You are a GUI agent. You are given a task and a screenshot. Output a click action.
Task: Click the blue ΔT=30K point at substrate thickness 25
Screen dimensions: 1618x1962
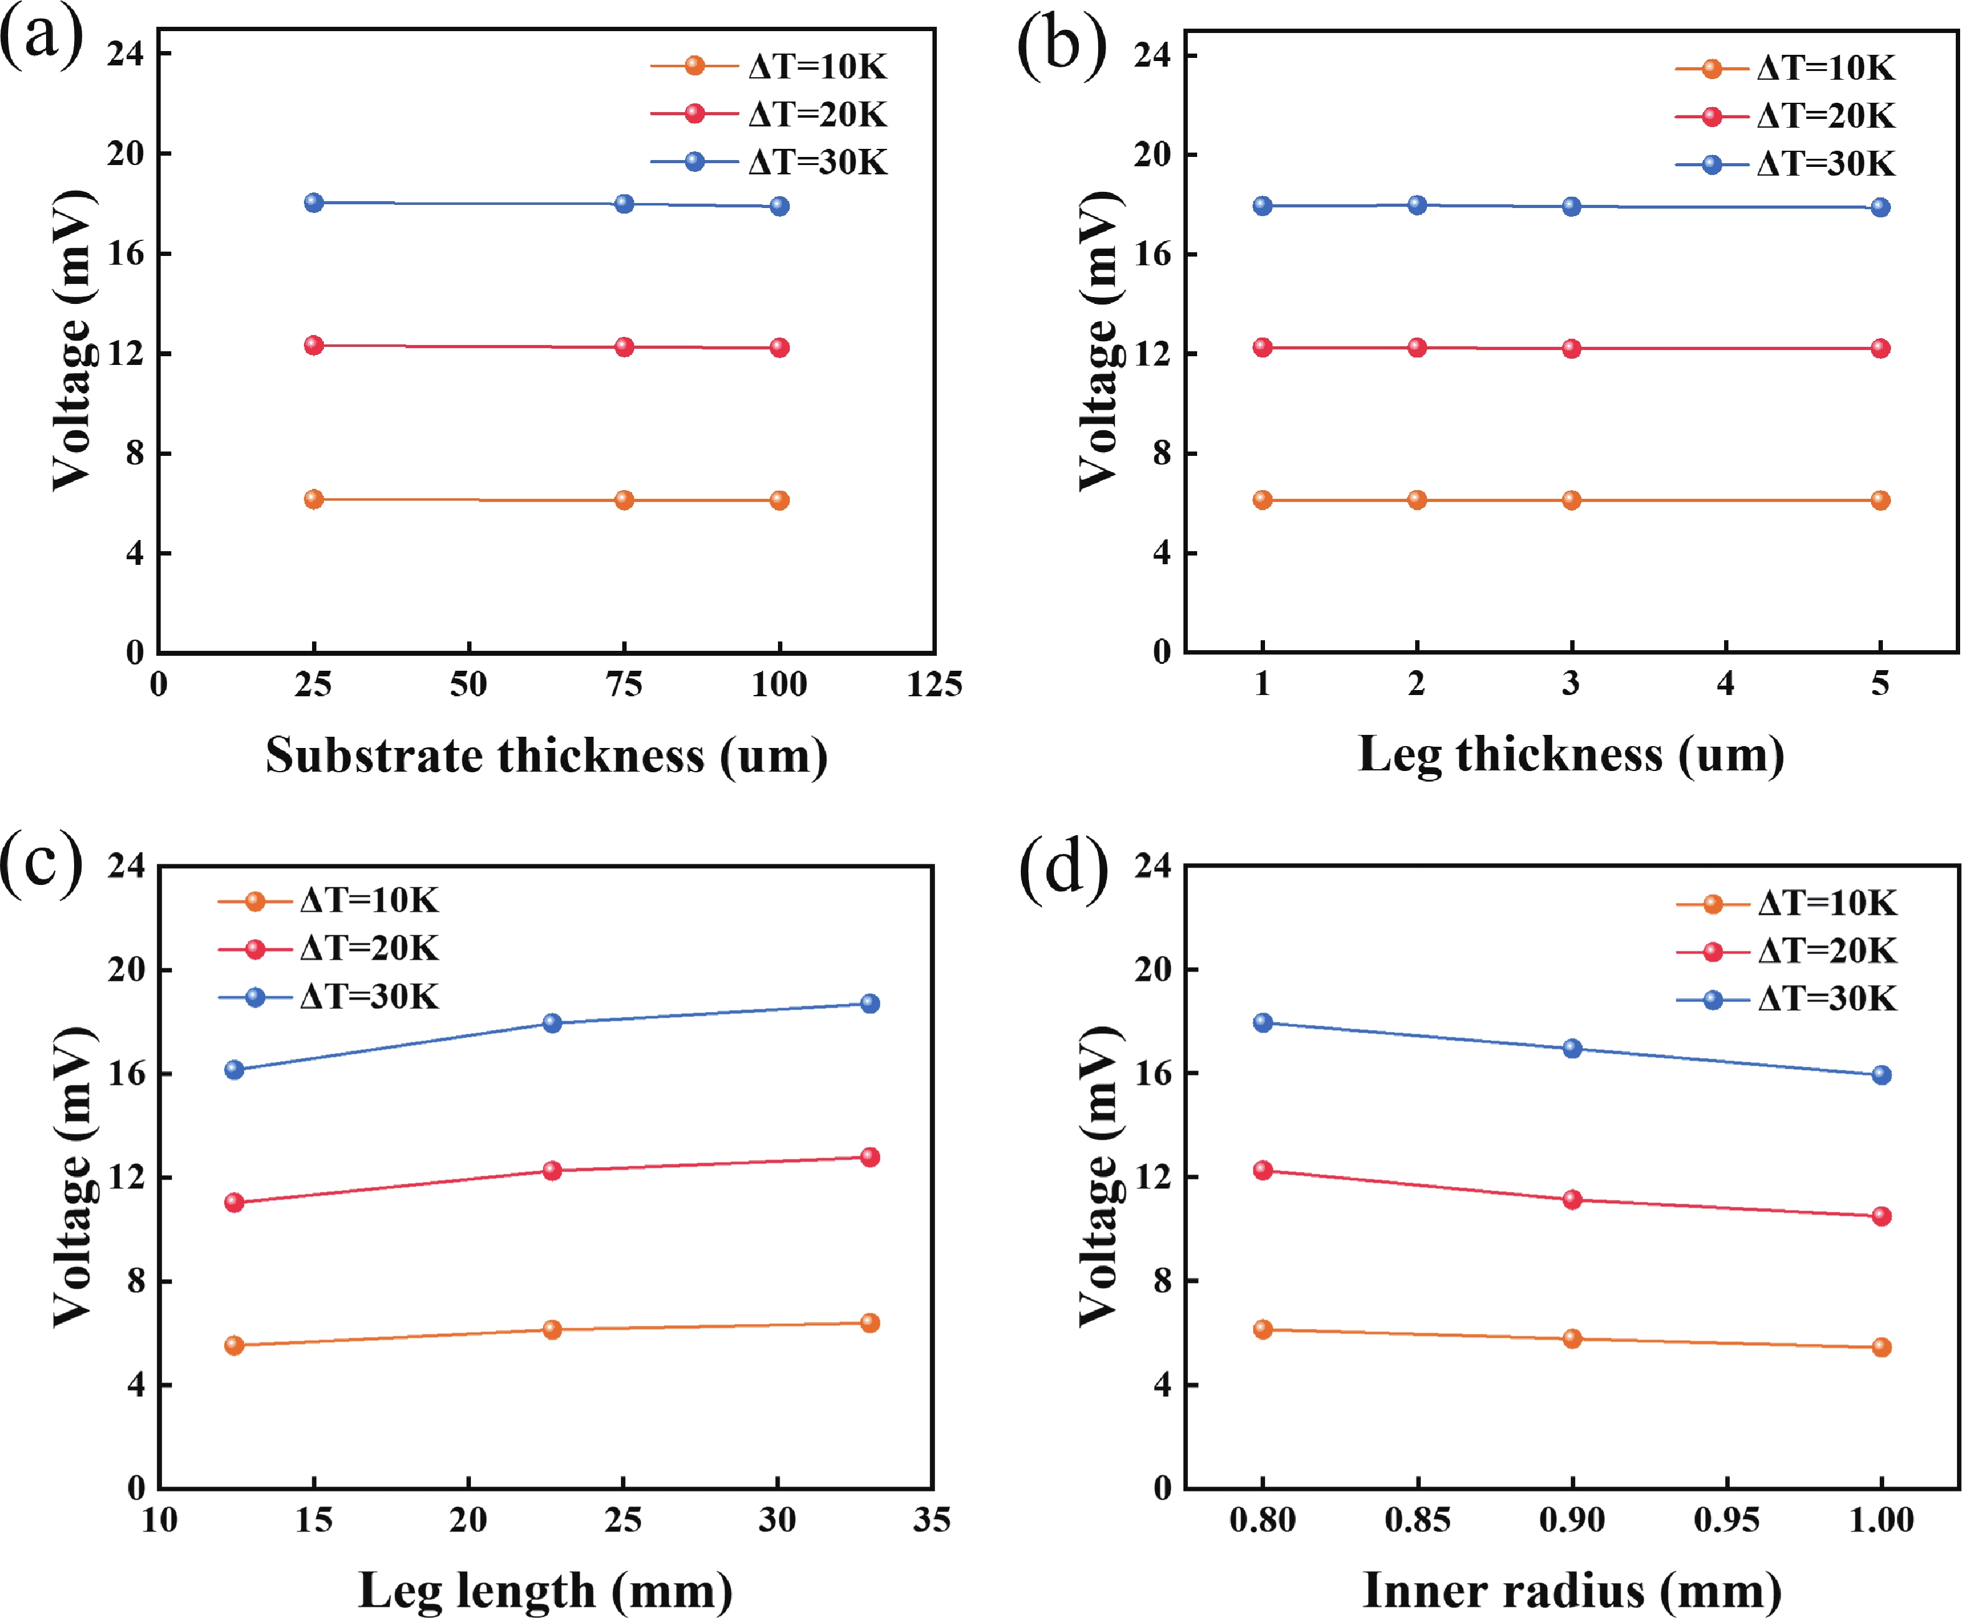pyautogui.click(x=314, y=203)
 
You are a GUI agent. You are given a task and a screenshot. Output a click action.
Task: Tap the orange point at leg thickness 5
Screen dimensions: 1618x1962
pyautogui.click(x=1880, y=501)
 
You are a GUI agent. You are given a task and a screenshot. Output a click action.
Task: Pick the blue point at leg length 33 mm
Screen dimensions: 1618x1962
pyautogui.click(x=870, y=1004)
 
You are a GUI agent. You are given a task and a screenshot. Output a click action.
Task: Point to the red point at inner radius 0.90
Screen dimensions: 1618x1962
pyautogui.click(x=1572, y=1199)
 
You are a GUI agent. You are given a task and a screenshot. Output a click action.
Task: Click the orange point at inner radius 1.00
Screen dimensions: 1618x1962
pyautogui.click(x=1881, y=1347)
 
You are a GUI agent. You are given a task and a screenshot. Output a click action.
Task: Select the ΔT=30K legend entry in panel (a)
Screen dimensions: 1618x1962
pyautogui.click(x=770, y=162)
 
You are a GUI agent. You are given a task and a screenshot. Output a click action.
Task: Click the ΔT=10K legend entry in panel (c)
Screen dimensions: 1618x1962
pyautogui.click(x=328, y=901)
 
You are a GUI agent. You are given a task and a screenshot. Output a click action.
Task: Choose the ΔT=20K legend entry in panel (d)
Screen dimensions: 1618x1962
pyautogui.click(x=1786, y=950)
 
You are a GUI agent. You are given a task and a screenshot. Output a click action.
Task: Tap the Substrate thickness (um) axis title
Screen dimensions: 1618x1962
pyautogui.click(x=546, y=755)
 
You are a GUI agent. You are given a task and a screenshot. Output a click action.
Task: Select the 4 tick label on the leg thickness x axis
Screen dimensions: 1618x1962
pyautogui.click(x=1725, y=684)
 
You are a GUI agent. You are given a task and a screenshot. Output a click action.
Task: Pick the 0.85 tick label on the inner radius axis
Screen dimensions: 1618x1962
pyautogui.click(x=1417, y=1520)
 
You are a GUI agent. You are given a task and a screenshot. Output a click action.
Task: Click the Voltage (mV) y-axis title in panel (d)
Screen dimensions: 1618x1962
pyautogui.click(x=1100, y=1176)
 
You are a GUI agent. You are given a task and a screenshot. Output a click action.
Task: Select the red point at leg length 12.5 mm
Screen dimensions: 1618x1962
pyautogui.click(x=234, y=1203)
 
